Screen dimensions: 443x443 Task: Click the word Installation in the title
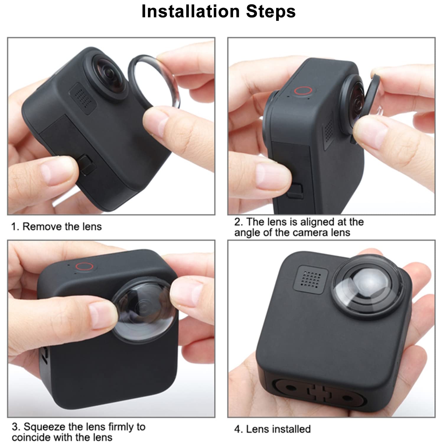(x=190, y=12)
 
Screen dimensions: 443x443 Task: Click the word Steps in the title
(x=271, y=12)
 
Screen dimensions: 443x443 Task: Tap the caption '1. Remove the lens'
(x=56, y=227)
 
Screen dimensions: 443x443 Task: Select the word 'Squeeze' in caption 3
(x=45, y=426)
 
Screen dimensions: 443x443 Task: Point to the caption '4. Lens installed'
(x=272, y=429)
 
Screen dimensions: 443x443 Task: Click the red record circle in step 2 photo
(x=304, y=91)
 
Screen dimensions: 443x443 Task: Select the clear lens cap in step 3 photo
(x=145, y=313)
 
